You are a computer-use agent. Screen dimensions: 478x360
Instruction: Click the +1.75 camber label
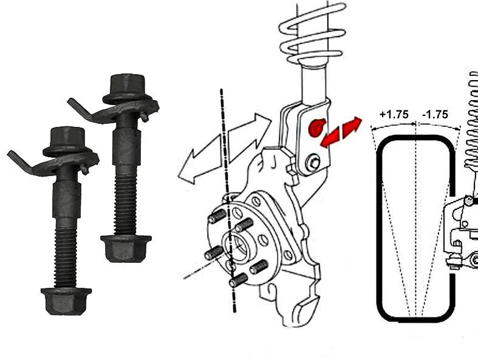pos(394,114)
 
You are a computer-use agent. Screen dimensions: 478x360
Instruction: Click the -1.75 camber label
pos(435,114)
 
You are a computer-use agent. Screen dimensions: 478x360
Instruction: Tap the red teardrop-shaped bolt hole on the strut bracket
pos(316,127)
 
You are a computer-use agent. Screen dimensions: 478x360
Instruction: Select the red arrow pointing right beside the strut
pos(352,126)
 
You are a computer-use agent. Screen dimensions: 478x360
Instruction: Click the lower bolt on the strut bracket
pos(314,163)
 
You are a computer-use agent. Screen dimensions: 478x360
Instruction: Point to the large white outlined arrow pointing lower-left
pos(200,160)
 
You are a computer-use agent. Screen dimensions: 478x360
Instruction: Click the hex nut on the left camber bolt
pos(66,301)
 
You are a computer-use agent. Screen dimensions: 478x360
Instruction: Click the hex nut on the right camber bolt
pos(126,248)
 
